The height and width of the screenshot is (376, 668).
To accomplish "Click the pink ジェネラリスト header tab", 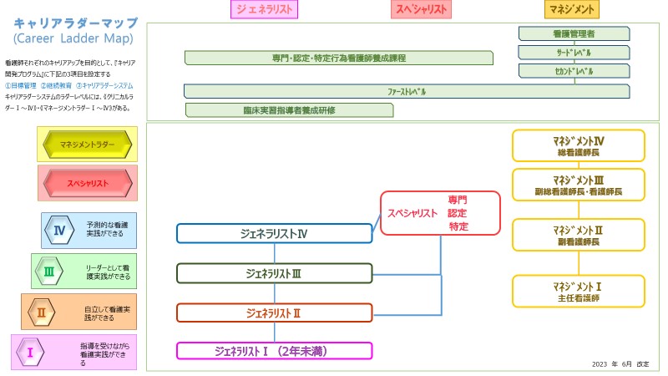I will (264, 9).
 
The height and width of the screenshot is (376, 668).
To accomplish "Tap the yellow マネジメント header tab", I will (572, 9).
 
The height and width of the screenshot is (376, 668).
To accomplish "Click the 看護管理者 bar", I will (574, 33).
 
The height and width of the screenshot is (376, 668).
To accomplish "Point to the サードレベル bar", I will (574, 52).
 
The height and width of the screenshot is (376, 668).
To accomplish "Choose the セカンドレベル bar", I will (574, 72).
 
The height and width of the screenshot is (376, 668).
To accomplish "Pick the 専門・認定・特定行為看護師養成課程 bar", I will (338, 58).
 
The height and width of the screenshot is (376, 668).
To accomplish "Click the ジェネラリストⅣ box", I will (274, 233).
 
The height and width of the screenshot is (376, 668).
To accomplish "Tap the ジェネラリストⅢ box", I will (274, 273).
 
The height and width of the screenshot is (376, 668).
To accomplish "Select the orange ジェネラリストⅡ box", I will (274, 312).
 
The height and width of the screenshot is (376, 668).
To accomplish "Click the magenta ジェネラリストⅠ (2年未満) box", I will (274, 350).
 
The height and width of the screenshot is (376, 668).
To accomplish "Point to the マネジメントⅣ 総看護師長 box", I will (578, 145).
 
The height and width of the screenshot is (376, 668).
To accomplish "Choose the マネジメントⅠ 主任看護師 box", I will (578, 291).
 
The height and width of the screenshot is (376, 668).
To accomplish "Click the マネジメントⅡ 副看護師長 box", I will (578, 234).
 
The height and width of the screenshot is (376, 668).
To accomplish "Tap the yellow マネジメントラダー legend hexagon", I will (88, 145).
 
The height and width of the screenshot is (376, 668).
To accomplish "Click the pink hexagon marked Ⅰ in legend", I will (30, 352).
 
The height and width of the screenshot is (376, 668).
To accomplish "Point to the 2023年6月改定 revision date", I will (620, 364).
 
